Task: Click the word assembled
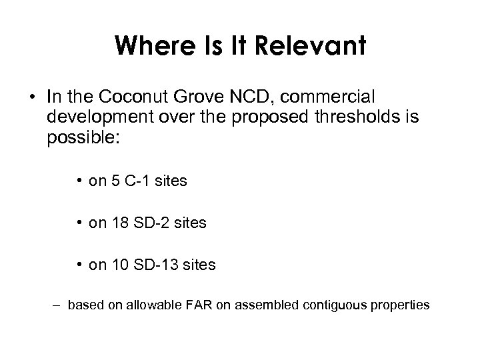268,305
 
